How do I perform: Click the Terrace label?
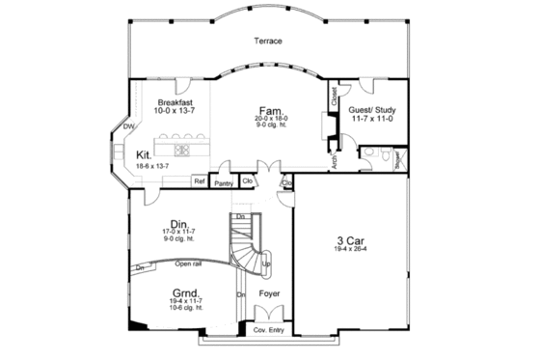point(269,42)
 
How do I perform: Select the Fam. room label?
point(268,111)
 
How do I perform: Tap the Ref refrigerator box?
point(200,180)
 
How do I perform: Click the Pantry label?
point(225,181)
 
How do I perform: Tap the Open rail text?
point(188,263)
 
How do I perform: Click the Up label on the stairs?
point(266,263)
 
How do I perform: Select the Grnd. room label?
point(185,291)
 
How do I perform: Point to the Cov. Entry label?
point(269,330)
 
